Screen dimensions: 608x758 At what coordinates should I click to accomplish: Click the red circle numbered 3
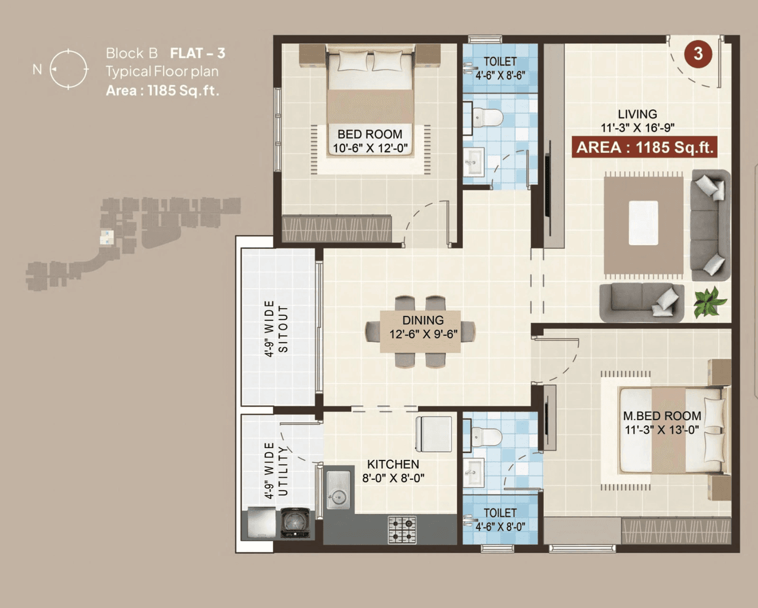click(698, 53)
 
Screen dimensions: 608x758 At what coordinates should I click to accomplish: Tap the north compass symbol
click(69, 69)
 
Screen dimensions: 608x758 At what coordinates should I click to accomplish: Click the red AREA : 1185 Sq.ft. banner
click(644, 147)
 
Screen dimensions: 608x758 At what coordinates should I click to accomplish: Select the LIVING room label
click(637, 114)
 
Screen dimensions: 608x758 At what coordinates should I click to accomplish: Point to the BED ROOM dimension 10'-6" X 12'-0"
click(370, 148)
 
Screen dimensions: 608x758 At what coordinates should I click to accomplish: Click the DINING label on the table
click(423, 320)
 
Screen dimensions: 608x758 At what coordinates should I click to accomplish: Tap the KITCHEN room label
click(393, 464)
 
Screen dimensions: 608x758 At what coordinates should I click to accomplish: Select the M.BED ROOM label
click(661, 416)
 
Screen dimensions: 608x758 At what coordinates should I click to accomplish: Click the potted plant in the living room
click(709, 302)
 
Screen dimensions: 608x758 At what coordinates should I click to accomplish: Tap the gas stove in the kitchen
click(402, 529)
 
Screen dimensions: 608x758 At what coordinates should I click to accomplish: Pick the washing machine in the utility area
click(295, 523)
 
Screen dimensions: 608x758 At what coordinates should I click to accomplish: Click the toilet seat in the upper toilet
click(487, 117)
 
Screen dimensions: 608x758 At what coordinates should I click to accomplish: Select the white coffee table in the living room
click(643, 223)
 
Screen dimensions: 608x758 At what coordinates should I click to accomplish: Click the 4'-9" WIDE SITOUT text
click(276, 328)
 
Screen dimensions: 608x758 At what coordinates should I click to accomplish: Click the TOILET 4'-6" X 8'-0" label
click(500, 520)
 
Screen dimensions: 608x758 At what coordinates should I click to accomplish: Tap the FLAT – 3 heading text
click(197, 53)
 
